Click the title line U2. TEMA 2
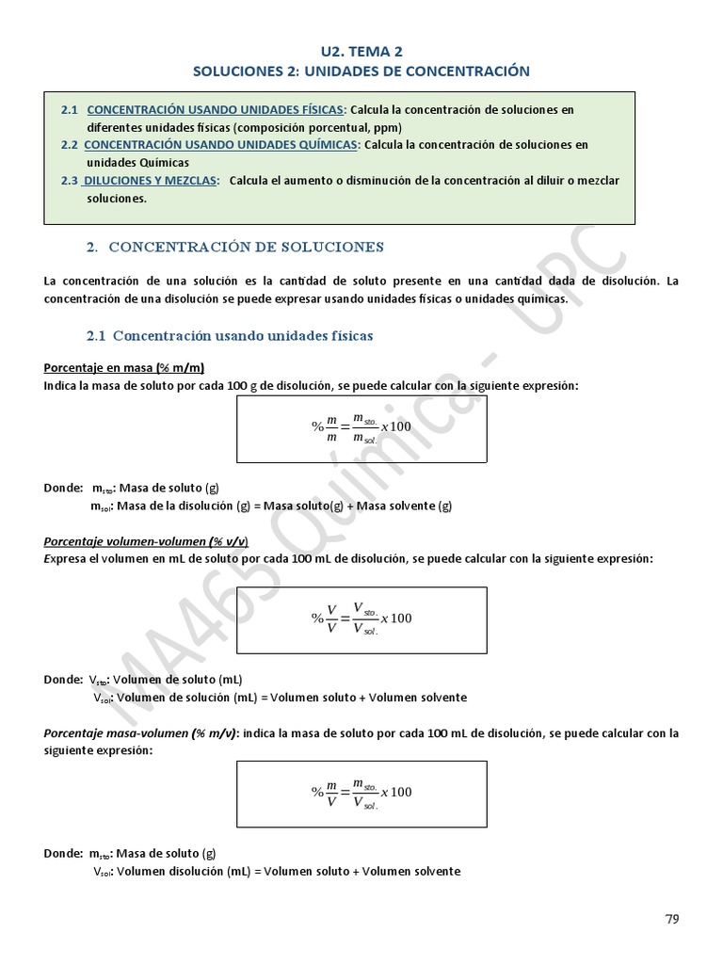(361, 52)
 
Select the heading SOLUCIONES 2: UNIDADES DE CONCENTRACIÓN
(361, 71)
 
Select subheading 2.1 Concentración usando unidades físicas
(230, 335)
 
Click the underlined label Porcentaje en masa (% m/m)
(124, 368)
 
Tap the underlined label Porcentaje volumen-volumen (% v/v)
(146, 541)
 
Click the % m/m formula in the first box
(361, 426)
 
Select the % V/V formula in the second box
(361, 619)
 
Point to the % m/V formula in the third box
(361, 792)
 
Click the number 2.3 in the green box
(69, 180)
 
